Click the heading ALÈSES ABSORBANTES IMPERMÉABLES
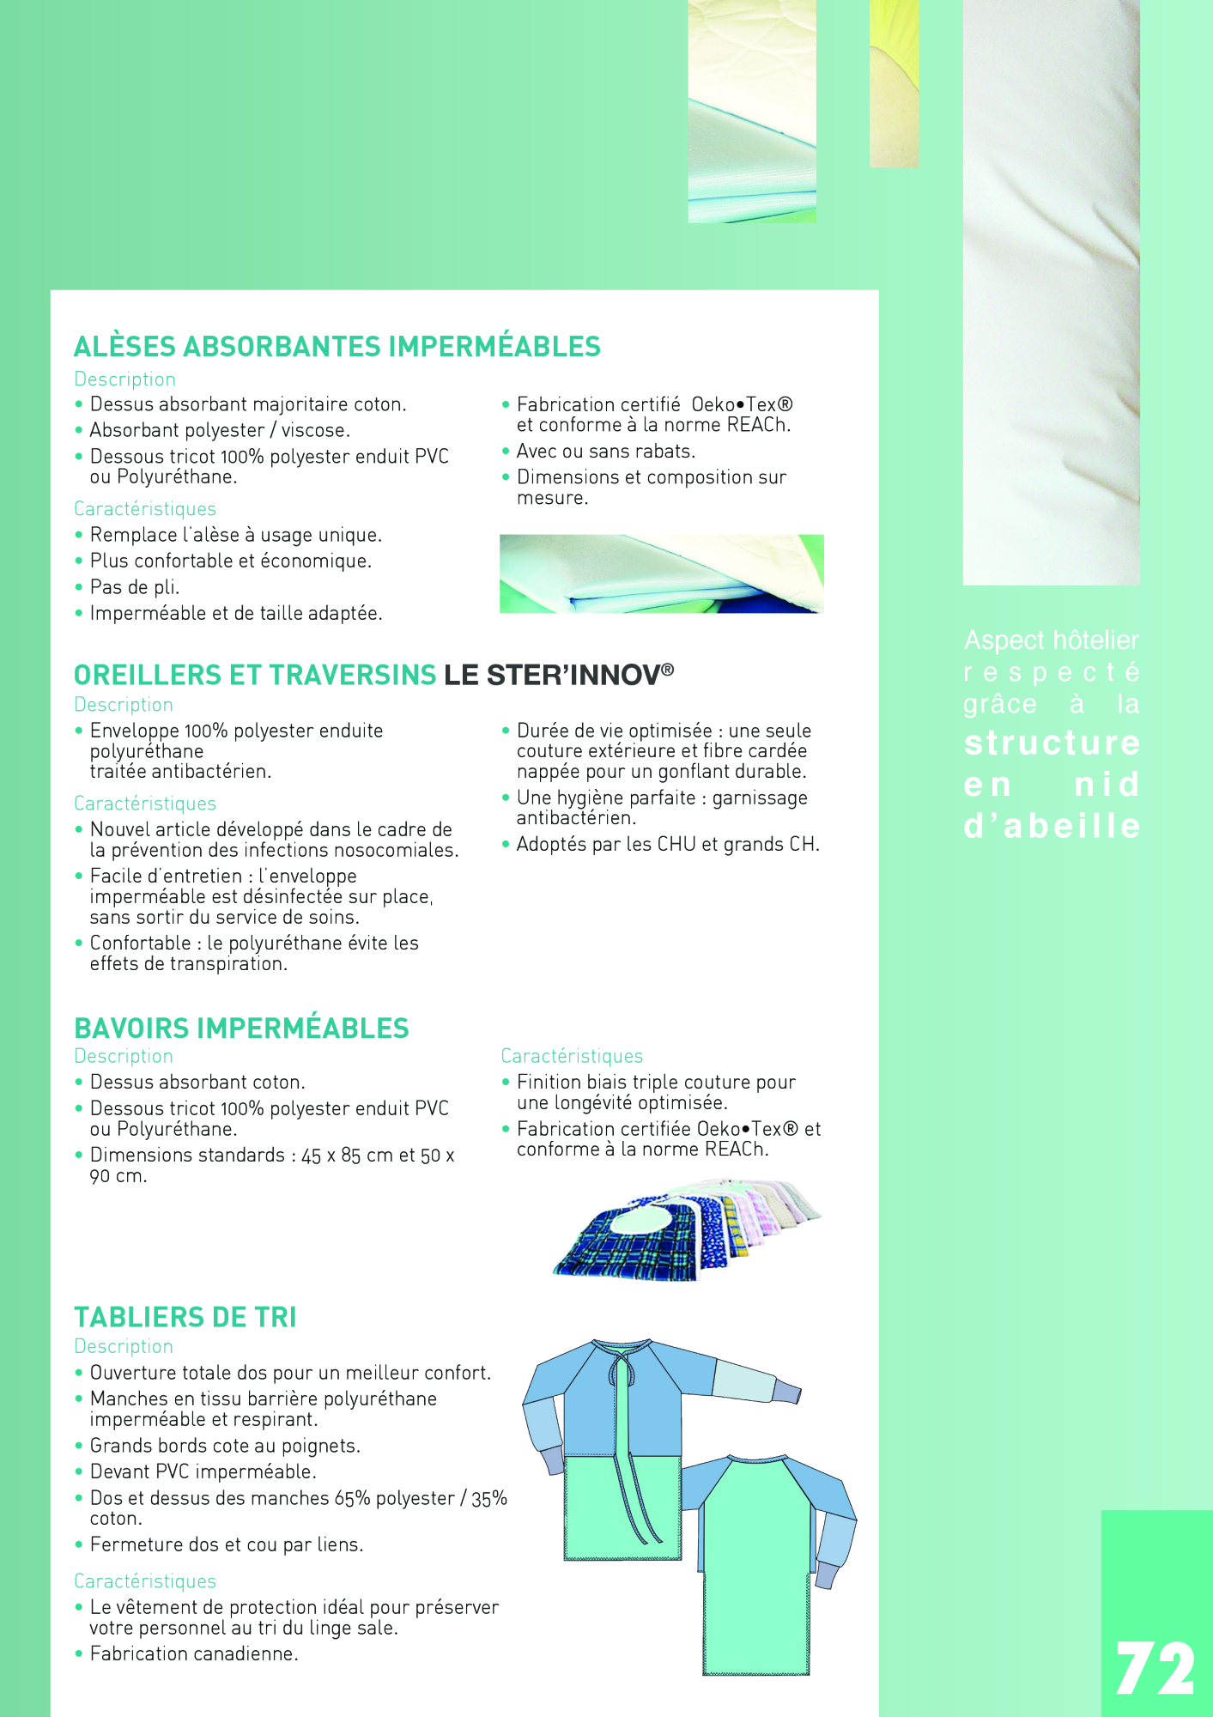click(337, 347)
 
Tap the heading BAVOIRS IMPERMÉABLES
click(241, 1028)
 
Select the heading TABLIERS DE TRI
click(185, 1317)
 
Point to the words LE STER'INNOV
click(558, 675)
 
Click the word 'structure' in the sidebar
click(1052, 743)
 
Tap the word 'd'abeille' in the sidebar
click(1052, 826)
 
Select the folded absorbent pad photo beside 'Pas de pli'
click(661, 573)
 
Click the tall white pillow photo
click(1051, 292)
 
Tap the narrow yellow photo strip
click(894, 83)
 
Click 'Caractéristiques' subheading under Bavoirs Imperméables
click(572, 1056)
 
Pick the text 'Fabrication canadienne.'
click(194, 1653)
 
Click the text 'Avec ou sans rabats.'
click(605, 452)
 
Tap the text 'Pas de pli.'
click(135, 587)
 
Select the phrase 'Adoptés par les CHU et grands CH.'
click(667, 845)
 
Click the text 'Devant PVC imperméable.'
click(203, 1471)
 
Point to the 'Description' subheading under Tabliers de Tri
click(124, 1346)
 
